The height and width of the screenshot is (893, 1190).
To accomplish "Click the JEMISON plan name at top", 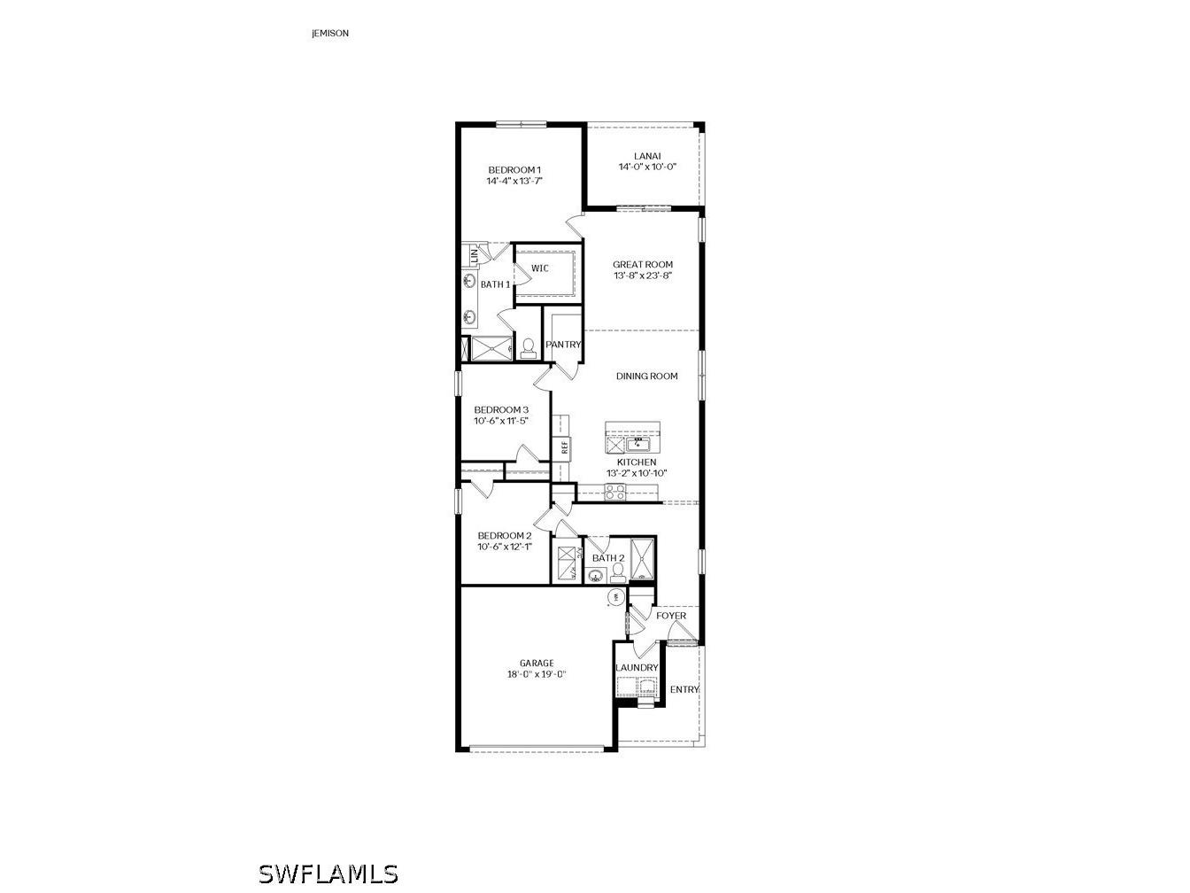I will coord(330,34).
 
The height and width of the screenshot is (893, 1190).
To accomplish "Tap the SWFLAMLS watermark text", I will coord(328,874).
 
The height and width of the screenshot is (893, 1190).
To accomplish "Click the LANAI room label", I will coord(647,156).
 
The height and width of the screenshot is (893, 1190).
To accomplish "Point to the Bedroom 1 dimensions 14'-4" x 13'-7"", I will coord(514,181).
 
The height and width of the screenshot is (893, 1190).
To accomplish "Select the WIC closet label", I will coord(540,268).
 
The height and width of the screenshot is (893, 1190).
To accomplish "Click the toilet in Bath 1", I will coord(529,347).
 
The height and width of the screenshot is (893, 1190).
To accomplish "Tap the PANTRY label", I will coord(563,345).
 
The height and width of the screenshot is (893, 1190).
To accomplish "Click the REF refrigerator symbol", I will coord(563,446).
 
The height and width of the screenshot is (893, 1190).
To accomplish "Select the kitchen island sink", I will coord(637,443).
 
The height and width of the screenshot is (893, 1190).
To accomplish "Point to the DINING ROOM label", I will coord(646,377).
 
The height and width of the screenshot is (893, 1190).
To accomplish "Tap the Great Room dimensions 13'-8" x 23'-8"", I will coord(643,276).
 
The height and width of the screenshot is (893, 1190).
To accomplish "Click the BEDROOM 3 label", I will coord(501,409).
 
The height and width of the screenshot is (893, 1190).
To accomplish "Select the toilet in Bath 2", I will coord(617,572).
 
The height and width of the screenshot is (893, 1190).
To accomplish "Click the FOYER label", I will coord(670,616).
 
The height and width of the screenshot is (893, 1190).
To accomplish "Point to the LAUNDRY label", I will coord(637,668).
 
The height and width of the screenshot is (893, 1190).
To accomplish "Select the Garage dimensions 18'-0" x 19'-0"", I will coord(537,674).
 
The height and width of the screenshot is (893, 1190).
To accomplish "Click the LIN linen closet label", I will coord(474,254).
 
